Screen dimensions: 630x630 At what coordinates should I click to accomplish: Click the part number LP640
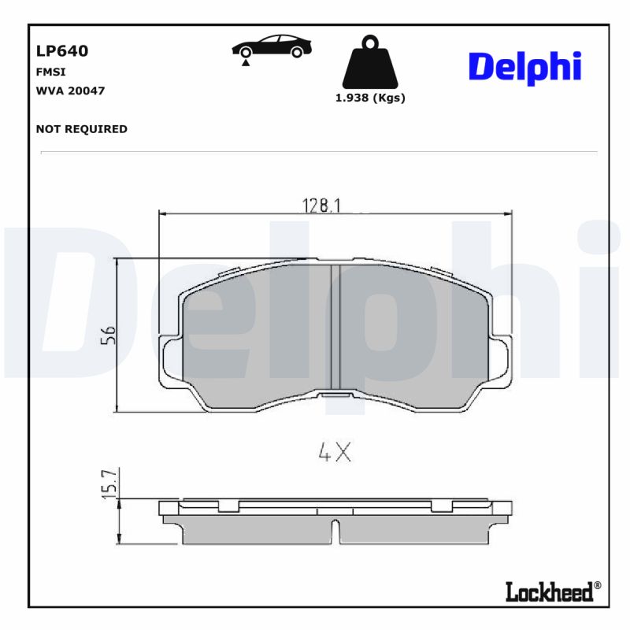[62, 51]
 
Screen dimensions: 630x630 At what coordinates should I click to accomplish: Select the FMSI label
[50, 72]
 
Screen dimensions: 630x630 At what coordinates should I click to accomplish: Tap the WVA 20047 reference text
[70, 91]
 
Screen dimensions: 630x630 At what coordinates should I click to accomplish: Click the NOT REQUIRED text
[81, 129]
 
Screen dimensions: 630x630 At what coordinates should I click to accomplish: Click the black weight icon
[369, 63]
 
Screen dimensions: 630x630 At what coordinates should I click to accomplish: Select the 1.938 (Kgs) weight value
[370, 98]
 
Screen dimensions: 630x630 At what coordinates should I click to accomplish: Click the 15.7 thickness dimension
[109, 481]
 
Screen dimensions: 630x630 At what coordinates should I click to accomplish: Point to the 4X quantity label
[333, 452]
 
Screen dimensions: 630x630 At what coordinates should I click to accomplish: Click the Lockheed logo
[549, 591]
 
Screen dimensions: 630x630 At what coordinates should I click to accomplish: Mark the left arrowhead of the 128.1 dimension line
[163, 213]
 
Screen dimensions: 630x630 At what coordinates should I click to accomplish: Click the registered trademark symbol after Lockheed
[597, 585]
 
